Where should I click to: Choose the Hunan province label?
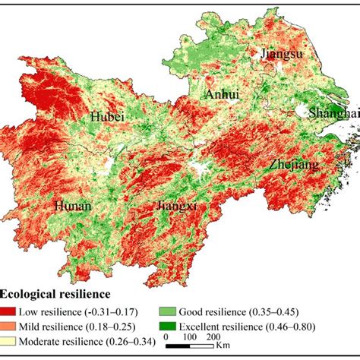pos(74,206)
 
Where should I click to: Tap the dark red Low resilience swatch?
pos(12,311)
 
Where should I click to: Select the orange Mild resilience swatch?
pos(12,326)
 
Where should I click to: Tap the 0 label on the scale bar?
pos(166,337)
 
